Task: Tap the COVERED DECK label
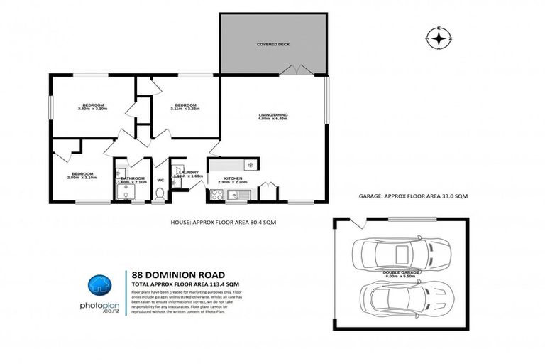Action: (273, 44)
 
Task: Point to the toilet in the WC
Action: (160, 193)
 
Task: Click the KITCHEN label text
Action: (233, 178)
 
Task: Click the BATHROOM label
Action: (133, 178)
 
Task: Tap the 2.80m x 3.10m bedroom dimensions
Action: (82, 177)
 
